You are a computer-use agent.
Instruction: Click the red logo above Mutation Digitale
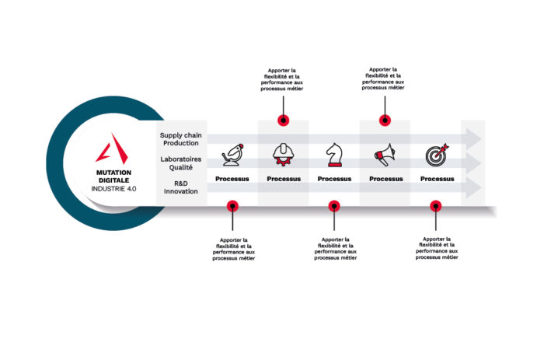[x=113, y=149]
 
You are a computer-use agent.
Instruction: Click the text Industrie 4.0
[x=113, y=189]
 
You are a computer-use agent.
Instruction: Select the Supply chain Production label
[x=181, y=139]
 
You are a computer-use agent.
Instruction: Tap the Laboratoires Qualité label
[x=181, y=163]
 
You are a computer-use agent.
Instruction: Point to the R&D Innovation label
[x=181, y=187]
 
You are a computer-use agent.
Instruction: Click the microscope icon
[x=232, y=155]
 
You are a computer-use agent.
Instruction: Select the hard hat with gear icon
[x=284, y=155]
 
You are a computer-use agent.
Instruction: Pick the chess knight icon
[x=334, y=155]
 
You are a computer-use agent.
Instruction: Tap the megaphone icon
[x=385, y=155]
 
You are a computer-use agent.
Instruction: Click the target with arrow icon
[x=437, y=155]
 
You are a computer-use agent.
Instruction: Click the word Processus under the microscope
[x=232, y=179]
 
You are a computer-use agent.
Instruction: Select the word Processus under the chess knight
[x=334, y=179]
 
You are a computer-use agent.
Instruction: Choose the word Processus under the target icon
[x=437, y=179]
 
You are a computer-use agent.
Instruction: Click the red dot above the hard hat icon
[x=284, y=121]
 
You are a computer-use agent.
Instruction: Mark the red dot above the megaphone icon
[x=385, y=121]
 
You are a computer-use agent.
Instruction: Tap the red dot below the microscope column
[x=232, y=206]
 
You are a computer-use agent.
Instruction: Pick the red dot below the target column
[x=436, y=206]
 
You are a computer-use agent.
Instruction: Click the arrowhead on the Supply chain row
[x=473, y=139]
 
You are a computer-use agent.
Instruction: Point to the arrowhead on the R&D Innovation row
[x=473, y=187]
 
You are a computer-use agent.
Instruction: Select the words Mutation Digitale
[x=113, y=177]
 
